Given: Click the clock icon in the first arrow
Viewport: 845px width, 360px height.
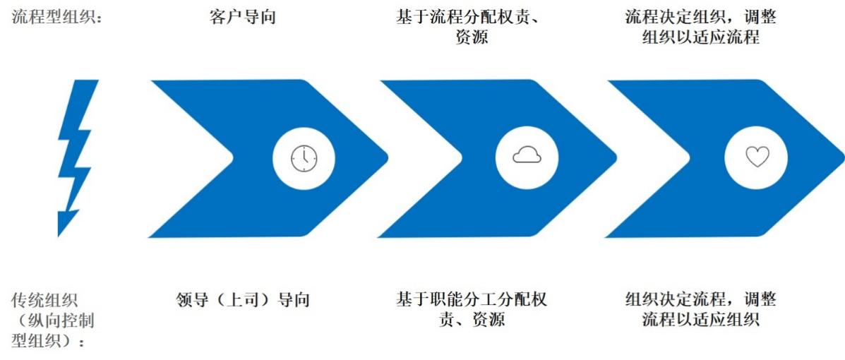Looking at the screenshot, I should tap(304, 158).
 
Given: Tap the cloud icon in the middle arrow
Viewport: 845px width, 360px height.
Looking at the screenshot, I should tap(527, 155).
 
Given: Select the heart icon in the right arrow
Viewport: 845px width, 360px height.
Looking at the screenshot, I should tap(757, 157).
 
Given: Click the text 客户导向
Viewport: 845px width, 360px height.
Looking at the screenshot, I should tap(242, 17).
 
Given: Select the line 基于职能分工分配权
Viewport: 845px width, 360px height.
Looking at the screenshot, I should tap(472, 299).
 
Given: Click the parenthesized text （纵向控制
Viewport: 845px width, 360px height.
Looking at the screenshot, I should tap(53, 320).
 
